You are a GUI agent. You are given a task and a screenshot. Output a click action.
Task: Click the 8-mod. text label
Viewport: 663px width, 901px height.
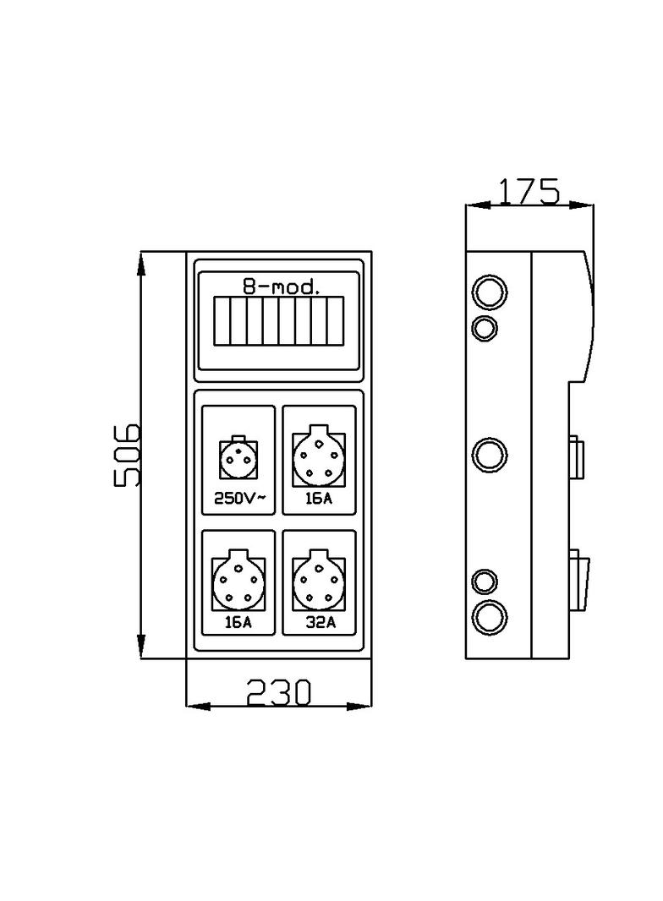pos(281,287)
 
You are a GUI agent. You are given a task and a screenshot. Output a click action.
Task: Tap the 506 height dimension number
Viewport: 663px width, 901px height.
pos(128,454)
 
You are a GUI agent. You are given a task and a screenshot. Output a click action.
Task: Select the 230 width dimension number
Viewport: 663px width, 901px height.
pos(278,692)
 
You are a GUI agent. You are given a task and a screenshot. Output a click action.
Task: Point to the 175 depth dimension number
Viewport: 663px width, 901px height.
pos(528,192)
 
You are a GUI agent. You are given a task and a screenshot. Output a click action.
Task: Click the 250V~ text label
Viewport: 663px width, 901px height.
pos(239,499)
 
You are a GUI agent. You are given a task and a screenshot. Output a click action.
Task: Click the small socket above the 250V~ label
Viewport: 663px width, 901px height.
pos(238,461)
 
